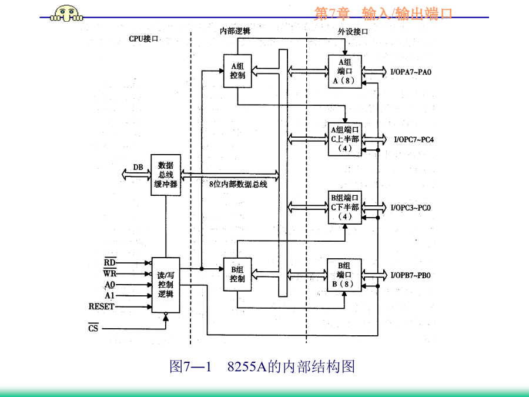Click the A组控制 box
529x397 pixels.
click(x=238, y=71)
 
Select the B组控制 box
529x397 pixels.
click(x=238, y=274)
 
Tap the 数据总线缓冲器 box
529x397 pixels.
click(x=166, y=175)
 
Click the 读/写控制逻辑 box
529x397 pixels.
click(x=165, y=285)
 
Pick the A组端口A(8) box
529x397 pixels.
click(x=345, y=71)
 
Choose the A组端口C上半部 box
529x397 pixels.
click(x=345, y=139)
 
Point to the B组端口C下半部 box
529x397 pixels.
click(x=345, y=207)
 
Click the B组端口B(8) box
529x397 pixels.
click(x=345, y=275)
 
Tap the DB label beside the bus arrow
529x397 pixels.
click(x=138, y=167)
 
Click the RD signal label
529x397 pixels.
click(x=110, y=262)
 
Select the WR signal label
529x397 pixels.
click(x=110, y=273)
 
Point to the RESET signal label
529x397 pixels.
click(x=102, y=306)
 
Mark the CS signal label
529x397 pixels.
click(x=93, y=328)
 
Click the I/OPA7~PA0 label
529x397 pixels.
click(x=411, y=72)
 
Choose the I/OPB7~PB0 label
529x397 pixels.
click(x=411, y=275)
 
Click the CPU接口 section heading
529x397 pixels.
click(x=144, y=39)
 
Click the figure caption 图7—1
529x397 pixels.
click(x=191, y=367)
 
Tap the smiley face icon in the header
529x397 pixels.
click(x=65, y=13)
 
